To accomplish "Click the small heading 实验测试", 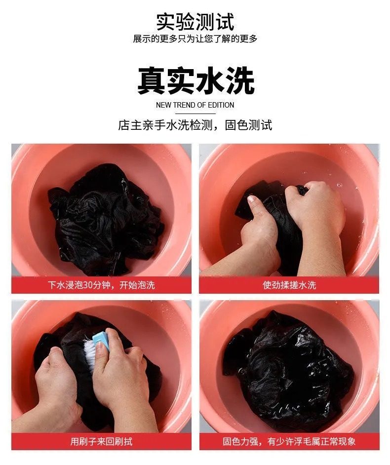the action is click(195, 21).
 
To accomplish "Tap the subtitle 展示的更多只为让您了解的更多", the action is click(195, 39).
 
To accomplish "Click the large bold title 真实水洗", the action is click(195, 80).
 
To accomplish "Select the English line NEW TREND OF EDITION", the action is click(195, 105).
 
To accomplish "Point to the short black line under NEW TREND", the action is click(195, 113).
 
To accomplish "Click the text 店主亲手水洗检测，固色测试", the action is click(195, 125).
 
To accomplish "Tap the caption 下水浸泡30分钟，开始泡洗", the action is click(101, 285).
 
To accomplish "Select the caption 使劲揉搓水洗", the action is click(289, 285).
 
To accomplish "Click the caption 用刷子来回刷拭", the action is click(101, 442).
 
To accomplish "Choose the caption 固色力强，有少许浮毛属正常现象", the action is click(289, 442).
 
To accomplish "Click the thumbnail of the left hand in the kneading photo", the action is click(251, 199).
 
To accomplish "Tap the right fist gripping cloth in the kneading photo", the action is click(314, 208).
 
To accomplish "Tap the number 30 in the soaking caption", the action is click(88, 285).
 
